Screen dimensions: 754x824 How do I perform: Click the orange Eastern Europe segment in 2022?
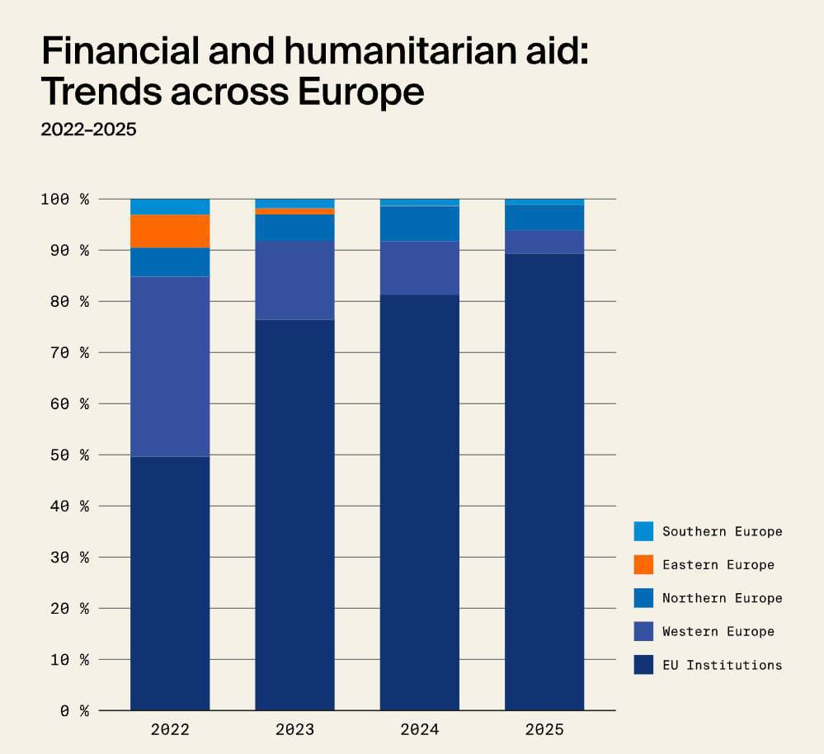(x=170, y=231)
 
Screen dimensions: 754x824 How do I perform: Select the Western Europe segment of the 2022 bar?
(x=170, y=366)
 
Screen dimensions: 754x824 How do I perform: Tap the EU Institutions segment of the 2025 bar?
(x=544, y=482)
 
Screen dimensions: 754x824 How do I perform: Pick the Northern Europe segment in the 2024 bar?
(x=419, y=224)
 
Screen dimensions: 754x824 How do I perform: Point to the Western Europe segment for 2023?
(x=294, y=280)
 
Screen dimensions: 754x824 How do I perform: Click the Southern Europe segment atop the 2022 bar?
(x=170, y=207)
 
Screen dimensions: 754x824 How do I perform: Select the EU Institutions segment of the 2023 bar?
(x=294, y=515)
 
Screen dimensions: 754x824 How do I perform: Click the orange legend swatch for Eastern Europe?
(x=643, y=564)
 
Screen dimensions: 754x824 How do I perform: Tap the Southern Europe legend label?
(x=722, y=531)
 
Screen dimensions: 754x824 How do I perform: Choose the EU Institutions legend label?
(x=722, y=665)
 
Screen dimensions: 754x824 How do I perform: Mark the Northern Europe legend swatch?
(x=643, y=598)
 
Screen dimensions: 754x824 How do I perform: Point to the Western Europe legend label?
(x=718, y=632)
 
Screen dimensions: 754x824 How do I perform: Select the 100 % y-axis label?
(x=64, y=200)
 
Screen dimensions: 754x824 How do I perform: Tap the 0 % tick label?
(x=73, y=711)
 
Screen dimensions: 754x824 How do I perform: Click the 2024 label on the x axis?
(x=419, y=730)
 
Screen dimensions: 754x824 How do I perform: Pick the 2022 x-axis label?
(x=170, y=730)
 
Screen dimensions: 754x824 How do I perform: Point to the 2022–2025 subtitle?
(x=88, y=130)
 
